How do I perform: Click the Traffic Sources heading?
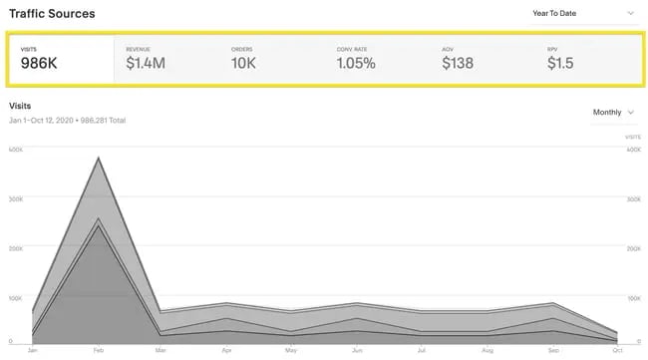(52, 14)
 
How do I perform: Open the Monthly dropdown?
(612, 113)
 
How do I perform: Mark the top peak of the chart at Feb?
(98, 157)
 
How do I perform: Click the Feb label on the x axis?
(98, 350)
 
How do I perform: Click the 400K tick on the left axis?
(16, 151)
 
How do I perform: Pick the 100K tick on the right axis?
(634, 297)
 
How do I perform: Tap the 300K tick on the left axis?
(16, 199)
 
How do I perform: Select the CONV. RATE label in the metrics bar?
(353, 48)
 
